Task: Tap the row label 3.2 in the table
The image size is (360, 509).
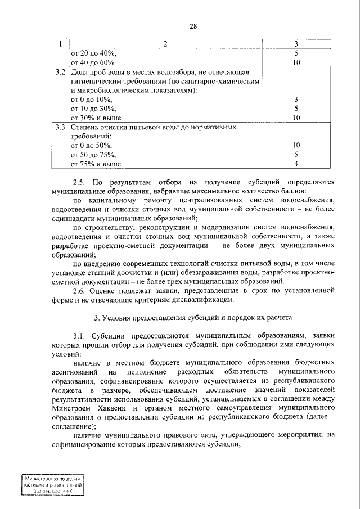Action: click(61, 73)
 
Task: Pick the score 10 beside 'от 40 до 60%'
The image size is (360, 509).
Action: click(296, 62)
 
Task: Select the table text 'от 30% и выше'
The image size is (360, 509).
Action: click(96, 118)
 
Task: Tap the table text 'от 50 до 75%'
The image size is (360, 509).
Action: click(93, 155)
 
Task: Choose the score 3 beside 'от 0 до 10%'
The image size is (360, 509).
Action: click(296, 100)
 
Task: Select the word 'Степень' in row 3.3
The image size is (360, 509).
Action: click(86, 127)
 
